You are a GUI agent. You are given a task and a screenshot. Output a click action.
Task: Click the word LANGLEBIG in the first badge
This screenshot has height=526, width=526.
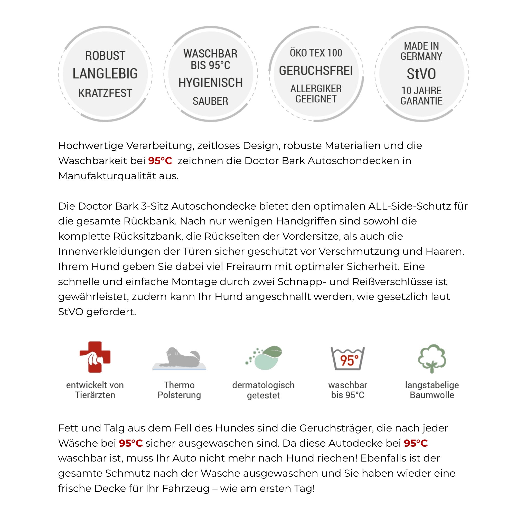tap(105, 73)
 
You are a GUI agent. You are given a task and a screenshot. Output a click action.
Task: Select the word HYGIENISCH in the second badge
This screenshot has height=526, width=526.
tap(210, 83)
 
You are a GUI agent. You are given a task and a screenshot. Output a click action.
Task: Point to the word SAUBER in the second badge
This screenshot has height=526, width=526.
tap(210, 101)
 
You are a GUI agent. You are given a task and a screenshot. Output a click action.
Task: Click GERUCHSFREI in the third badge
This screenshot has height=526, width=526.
tap(316, 71)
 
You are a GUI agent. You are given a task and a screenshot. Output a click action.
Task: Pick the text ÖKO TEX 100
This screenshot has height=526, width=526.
tap(316, 53)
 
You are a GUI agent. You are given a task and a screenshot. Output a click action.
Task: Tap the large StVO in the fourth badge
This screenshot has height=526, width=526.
tap(421, 74)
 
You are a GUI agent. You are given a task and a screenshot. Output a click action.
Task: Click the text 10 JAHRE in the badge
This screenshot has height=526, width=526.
tap(421, 91)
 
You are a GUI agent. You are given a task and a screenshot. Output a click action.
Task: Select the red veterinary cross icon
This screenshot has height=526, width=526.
tap(95, 357)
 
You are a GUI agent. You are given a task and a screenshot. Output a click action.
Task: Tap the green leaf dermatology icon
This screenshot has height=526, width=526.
tap(264, 358)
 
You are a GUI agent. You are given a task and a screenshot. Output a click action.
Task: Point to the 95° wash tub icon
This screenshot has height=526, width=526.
tap(348, 359)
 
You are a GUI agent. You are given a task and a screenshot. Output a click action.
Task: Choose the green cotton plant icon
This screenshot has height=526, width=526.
tap(432, 358)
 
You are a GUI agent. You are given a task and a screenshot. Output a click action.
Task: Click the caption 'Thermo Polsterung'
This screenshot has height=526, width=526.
tap(180, 390)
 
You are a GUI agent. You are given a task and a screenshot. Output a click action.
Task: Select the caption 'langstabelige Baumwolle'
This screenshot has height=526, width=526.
tap(432, 390)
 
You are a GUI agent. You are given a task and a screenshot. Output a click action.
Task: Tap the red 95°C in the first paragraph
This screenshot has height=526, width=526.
tap(160, 161)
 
